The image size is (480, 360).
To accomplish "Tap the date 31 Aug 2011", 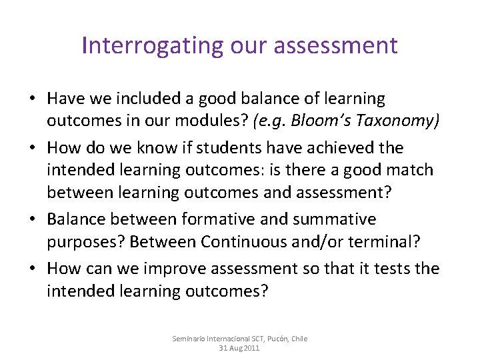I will [239, 348].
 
